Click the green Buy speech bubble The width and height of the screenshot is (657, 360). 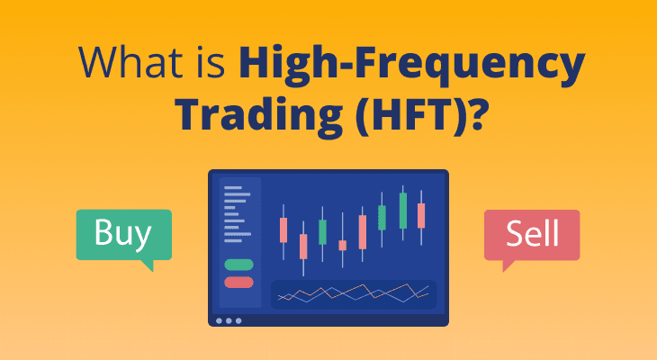point(122,234)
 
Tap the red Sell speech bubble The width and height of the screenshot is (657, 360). point(531,234)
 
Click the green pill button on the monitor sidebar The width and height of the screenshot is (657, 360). point(238,265)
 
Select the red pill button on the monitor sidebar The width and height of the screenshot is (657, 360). point(238,282)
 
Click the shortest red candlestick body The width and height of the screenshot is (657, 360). point(342,245)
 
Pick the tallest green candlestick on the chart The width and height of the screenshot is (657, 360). point(402,210)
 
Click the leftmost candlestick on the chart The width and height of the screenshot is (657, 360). point(283,229)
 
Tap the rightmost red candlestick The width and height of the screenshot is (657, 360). point(421,215)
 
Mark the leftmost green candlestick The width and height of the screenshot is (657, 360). point(323,231)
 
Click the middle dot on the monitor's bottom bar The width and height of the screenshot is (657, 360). point(229,320)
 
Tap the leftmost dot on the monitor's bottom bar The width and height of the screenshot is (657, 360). point(219,320)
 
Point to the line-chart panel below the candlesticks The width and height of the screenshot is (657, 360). point(354,293)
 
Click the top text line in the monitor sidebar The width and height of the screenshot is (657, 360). point(237,187)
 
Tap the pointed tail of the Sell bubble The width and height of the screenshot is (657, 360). point(507,266)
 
